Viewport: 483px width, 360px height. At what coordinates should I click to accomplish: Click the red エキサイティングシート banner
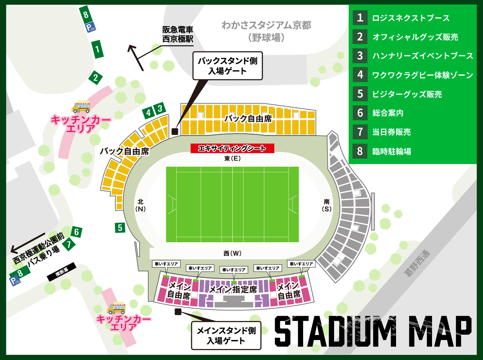coord(232,148)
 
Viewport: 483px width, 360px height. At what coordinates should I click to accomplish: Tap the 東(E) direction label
coord(232,159)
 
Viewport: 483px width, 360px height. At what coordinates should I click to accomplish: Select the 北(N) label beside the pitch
coord(141,205)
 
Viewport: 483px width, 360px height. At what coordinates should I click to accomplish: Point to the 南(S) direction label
coord(326,205)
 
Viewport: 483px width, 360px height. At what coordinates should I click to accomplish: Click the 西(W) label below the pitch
coord(232,253)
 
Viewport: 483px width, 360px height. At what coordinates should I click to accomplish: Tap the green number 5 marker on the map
coord(120,228)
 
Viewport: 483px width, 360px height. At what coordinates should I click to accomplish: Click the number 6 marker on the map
coord(77,232)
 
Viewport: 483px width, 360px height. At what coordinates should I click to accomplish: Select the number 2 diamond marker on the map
coord(96,78)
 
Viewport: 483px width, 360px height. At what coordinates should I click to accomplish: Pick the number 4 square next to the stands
coord(148,113)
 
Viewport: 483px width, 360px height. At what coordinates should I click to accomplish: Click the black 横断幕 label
coord(62,272)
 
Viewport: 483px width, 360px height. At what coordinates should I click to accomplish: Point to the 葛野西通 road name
coord(417,263)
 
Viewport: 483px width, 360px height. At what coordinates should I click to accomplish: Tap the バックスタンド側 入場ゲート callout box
coord(228,66)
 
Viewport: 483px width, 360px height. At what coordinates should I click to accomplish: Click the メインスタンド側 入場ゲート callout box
coord(226,335)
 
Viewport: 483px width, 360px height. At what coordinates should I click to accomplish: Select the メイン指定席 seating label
coord(233,289)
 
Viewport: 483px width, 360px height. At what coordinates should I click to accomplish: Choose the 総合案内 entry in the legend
coord(388,113)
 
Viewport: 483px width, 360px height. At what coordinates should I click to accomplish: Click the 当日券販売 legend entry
coord(391,132)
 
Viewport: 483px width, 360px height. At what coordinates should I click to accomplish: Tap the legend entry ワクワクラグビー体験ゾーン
coord(422,75)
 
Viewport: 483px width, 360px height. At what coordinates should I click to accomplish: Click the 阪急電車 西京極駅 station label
coord(178,34)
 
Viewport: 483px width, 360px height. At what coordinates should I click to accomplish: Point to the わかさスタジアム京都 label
coord(266,25)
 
